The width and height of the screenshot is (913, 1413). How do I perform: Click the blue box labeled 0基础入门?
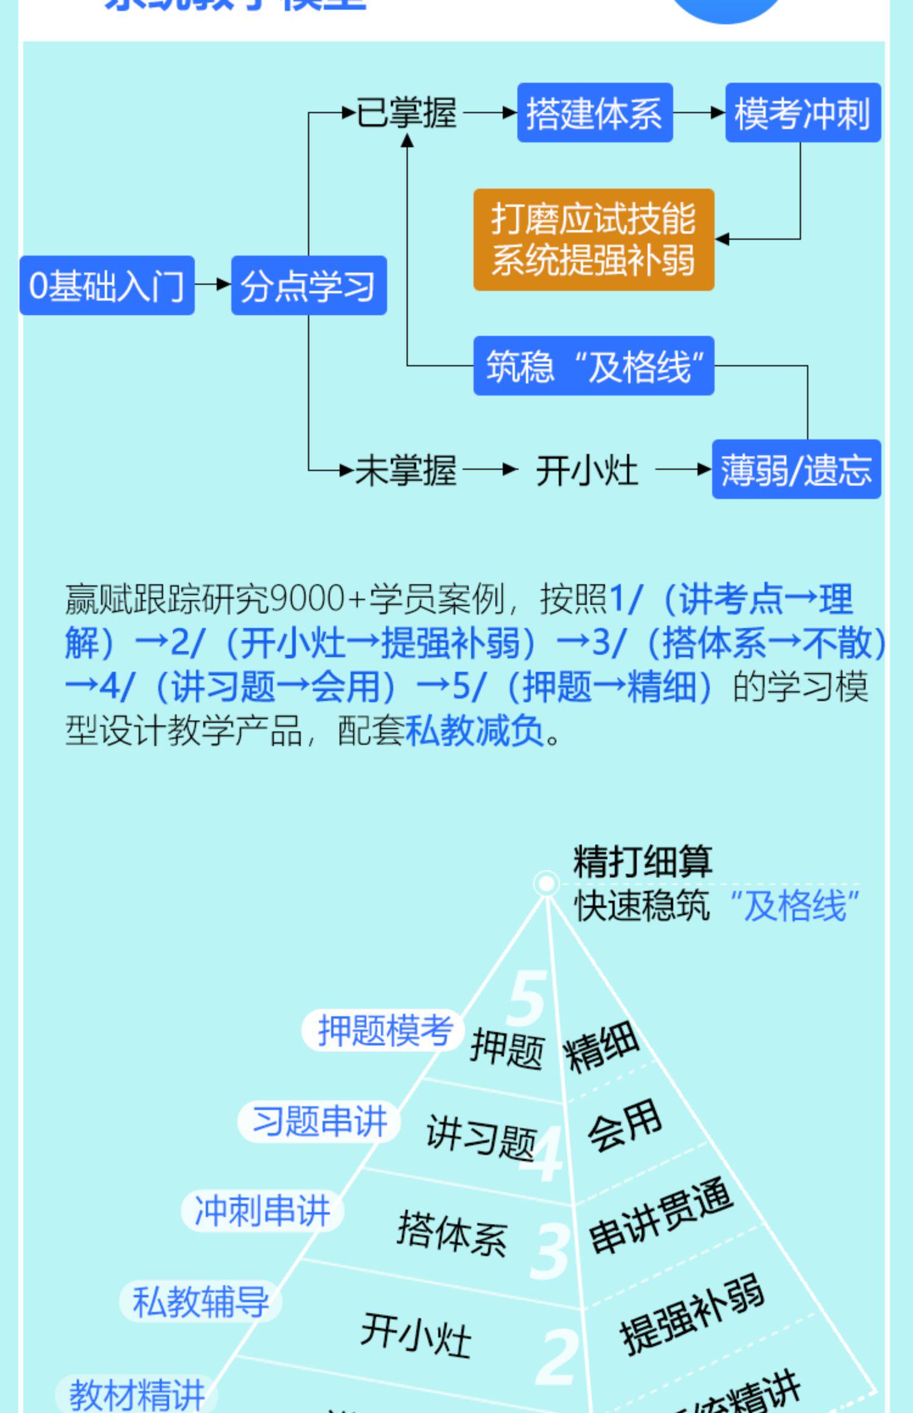[107, 285]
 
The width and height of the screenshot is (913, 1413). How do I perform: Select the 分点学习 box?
[309, 285]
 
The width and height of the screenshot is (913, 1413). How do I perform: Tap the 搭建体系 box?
[595, 113]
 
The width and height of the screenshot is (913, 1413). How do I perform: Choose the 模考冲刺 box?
[802, 113]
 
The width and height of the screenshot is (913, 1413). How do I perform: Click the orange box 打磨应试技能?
[593, 239]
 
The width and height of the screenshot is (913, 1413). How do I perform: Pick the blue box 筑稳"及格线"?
[593, 366]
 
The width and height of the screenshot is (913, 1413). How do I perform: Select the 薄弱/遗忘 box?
[796, 469]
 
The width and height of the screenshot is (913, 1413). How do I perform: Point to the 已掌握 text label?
[407, 113]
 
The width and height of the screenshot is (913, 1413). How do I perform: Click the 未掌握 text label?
[406, 470]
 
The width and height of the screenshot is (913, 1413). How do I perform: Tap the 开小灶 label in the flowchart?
[587, 470]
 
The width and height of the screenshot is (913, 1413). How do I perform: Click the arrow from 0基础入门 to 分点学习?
[213, 284]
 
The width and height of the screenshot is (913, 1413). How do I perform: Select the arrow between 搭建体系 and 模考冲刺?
[699, 113]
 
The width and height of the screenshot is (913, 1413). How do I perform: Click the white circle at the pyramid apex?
[546, 884]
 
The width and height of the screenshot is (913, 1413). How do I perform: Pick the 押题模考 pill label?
[384, 1030]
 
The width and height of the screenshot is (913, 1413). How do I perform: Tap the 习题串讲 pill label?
[319, 1121]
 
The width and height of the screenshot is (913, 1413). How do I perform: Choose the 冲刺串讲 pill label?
[262, 1211]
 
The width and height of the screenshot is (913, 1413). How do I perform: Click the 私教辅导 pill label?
[200, 1301]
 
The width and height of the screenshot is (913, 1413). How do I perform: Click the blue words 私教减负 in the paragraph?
[474, 730]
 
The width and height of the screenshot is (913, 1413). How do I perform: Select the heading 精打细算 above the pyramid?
[642, 861]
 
